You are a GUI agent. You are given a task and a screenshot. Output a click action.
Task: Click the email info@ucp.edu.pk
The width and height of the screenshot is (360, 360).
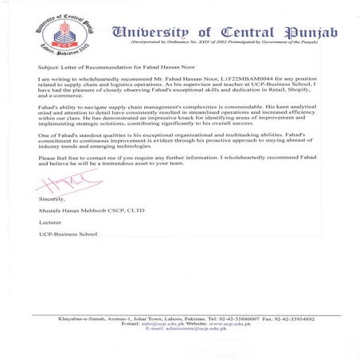156,324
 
